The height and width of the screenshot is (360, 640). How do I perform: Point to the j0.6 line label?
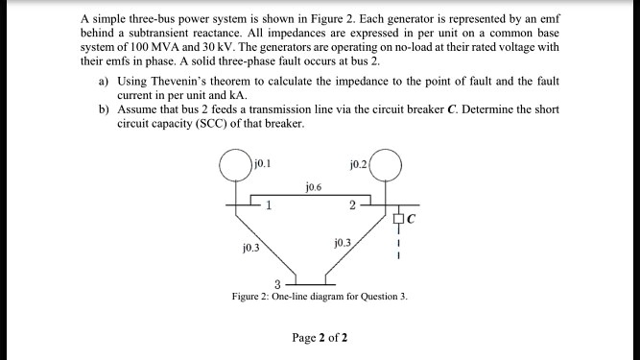tap(314, 187)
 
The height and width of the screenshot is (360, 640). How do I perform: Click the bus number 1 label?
tap(270, 204)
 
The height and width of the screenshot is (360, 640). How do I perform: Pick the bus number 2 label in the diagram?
tap(352, 204)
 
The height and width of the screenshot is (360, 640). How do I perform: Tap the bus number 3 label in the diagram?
tap(277, 282)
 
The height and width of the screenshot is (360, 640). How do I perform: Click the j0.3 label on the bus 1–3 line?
tap(251, 247)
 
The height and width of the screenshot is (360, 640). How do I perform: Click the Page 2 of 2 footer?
tap(320, 338)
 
